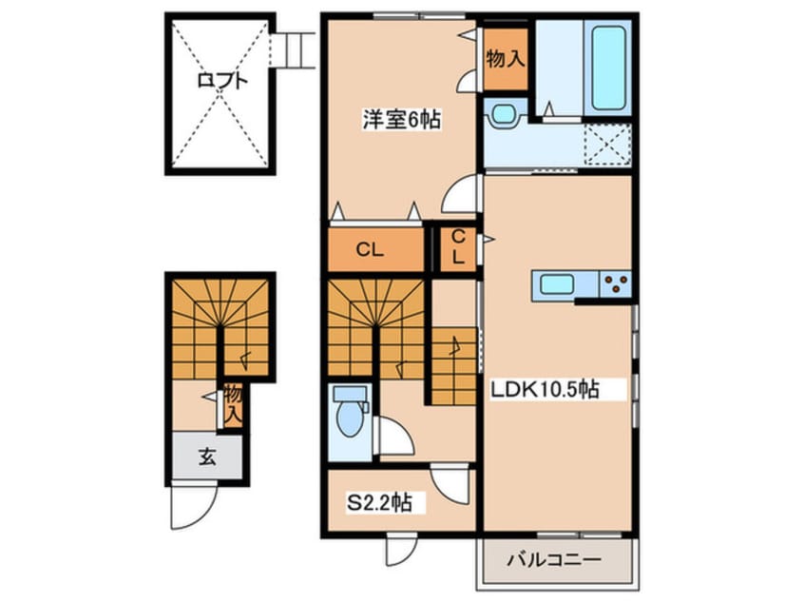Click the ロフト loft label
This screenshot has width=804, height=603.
(x=221, y=81)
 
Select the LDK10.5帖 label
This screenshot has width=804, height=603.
(x=544, y=390)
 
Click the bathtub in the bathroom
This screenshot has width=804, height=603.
(x=608, y=68)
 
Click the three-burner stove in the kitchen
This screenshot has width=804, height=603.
(x=616, y=282)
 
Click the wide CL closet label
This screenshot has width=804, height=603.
(x=370, y=251)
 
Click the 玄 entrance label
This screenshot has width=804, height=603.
(x=206, y=457)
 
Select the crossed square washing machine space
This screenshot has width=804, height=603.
(x=607, y=146)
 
